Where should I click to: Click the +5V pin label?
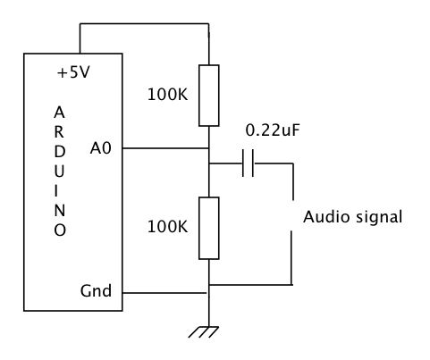(x=73, y=72)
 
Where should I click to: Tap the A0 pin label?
(x=101, y=148)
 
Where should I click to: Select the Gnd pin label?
(x=96, y=290)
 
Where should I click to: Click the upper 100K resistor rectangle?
(x=209, y=96)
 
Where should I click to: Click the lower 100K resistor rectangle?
(x=209, y=228)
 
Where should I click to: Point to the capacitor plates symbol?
(x=248, y=163)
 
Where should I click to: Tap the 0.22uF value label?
(x=273, y=130)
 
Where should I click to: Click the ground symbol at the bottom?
(x=204, y=332)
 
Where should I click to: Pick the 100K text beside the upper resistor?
(x=168, y=95)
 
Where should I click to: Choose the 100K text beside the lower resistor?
(x=168, y=227)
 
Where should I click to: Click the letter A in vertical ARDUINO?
(x=59, y=113)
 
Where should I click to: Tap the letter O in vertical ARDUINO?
(x=60, y=230)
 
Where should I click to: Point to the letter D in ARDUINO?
(x=60, y=152)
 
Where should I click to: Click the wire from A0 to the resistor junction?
(x=165, y=148)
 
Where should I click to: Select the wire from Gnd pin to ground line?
(x=164, y=293)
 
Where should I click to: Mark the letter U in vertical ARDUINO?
(x=59, y=172)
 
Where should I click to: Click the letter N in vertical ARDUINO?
(x=60, y=211)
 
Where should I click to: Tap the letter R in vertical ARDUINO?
(x=59, y=132)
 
